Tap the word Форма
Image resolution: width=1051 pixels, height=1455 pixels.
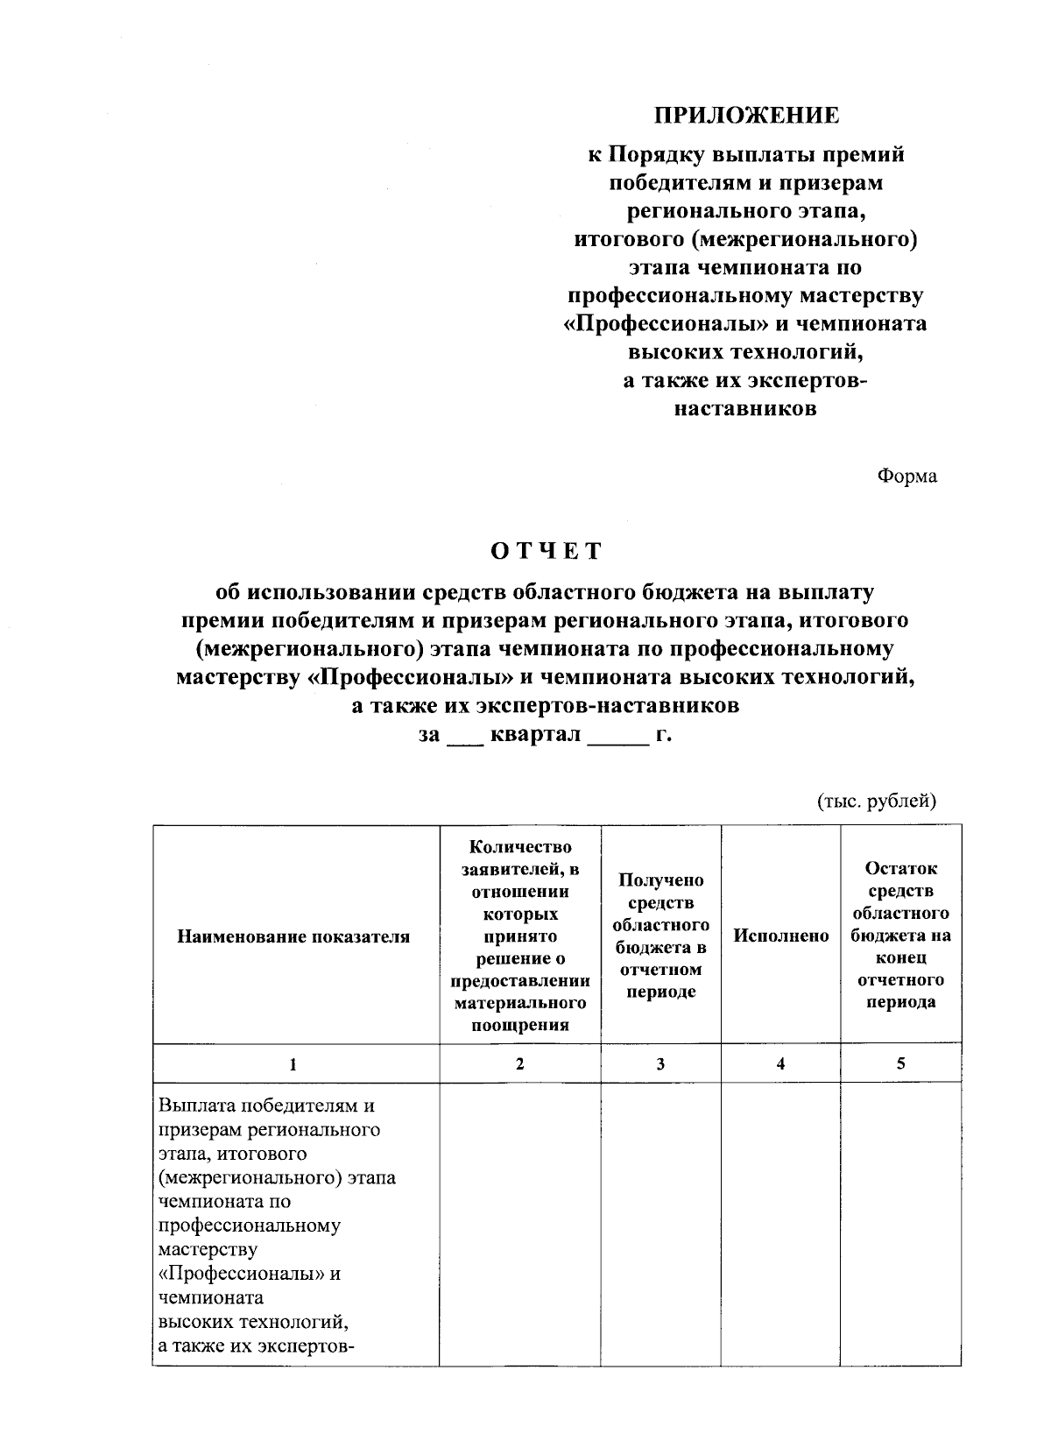click(906, 476)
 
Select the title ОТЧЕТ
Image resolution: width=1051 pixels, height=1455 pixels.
click(547, 551)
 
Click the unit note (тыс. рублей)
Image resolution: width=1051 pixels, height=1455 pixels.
click(877, 801)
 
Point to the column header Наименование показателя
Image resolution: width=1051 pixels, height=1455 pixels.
click(293, 936)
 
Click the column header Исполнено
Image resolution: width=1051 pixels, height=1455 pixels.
click(780, 936)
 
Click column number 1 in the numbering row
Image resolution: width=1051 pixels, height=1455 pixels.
click(293, 1064)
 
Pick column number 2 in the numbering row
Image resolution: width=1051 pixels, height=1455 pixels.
click(519, 1063)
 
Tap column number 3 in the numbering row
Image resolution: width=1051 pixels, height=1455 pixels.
click(660, 1064)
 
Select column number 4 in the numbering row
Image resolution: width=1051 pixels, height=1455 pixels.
click(780, 1063)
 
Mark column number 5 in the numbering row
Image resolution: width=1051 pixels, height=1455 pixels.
click(900, 1063)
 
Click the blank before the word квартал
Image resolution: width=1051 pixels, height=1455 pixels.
click(464, 738)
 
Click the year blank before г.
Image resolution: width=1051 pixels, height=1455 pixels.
click(618, 738)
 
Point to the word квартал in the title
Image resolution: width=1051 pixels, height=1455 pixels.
click(535, 734)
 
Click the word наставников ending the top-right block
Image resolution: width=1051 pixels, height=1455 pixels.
click(746, 408)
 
